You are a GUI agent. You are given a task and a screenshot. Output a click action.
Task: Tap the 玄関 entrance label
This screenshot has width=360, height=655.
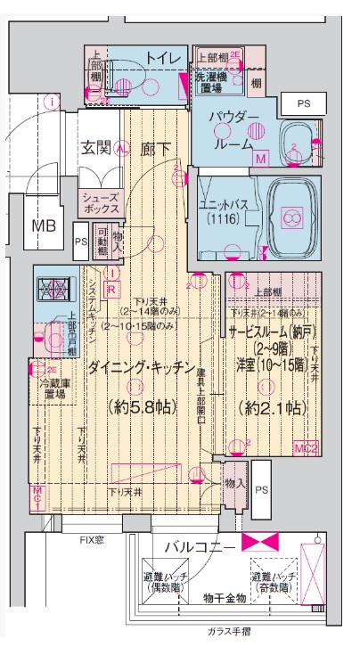point(97,148)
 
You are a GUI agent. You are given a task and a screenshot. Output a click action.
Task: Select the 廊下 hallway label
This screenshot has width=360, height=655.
point(157,148)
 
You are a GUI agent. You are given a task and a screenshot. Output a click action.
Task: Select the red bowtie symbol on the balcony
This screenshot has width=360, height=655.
point(260,542)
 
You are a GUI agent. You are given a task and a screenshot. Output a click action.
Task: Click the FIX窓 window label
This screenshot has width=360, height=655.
point(93,540)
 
